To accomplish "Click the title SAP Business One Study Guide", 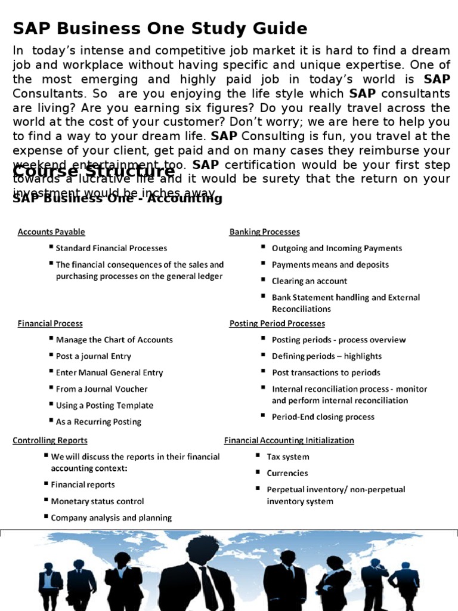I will tap(160, 28).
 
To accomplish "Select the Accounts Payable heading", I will tap(51, 232).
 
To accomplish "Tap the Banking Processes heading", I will tap(264, 232).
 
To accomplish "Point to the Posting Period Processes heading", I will tap(277, 323).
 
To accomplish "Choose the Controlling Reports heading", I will tap(50, 440).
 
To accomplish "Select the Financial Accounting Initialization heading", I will tap(289, 440).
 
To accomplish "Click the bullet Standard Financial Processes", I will tap(112, 248).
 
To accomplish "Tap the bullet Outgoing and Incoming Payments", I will tap(337, 248).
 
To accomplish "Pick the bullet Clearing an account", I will tap(309, 281).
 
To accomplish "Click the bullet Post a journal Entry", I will tap(94, 356).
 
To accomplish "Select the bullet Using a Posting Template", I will tap(104, 406).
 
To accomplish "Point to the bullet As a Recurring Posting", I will tap(98, 422).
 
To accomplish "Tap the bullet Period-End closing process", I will tap(323, 417).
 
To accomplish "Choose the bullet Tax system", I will tap(288, 457).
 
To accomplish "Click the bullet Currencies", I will tap(287, 473).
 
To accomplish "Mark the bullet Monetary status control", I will tap(97, 502).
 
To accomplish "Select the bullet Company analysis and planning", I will tap(112, 518).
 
